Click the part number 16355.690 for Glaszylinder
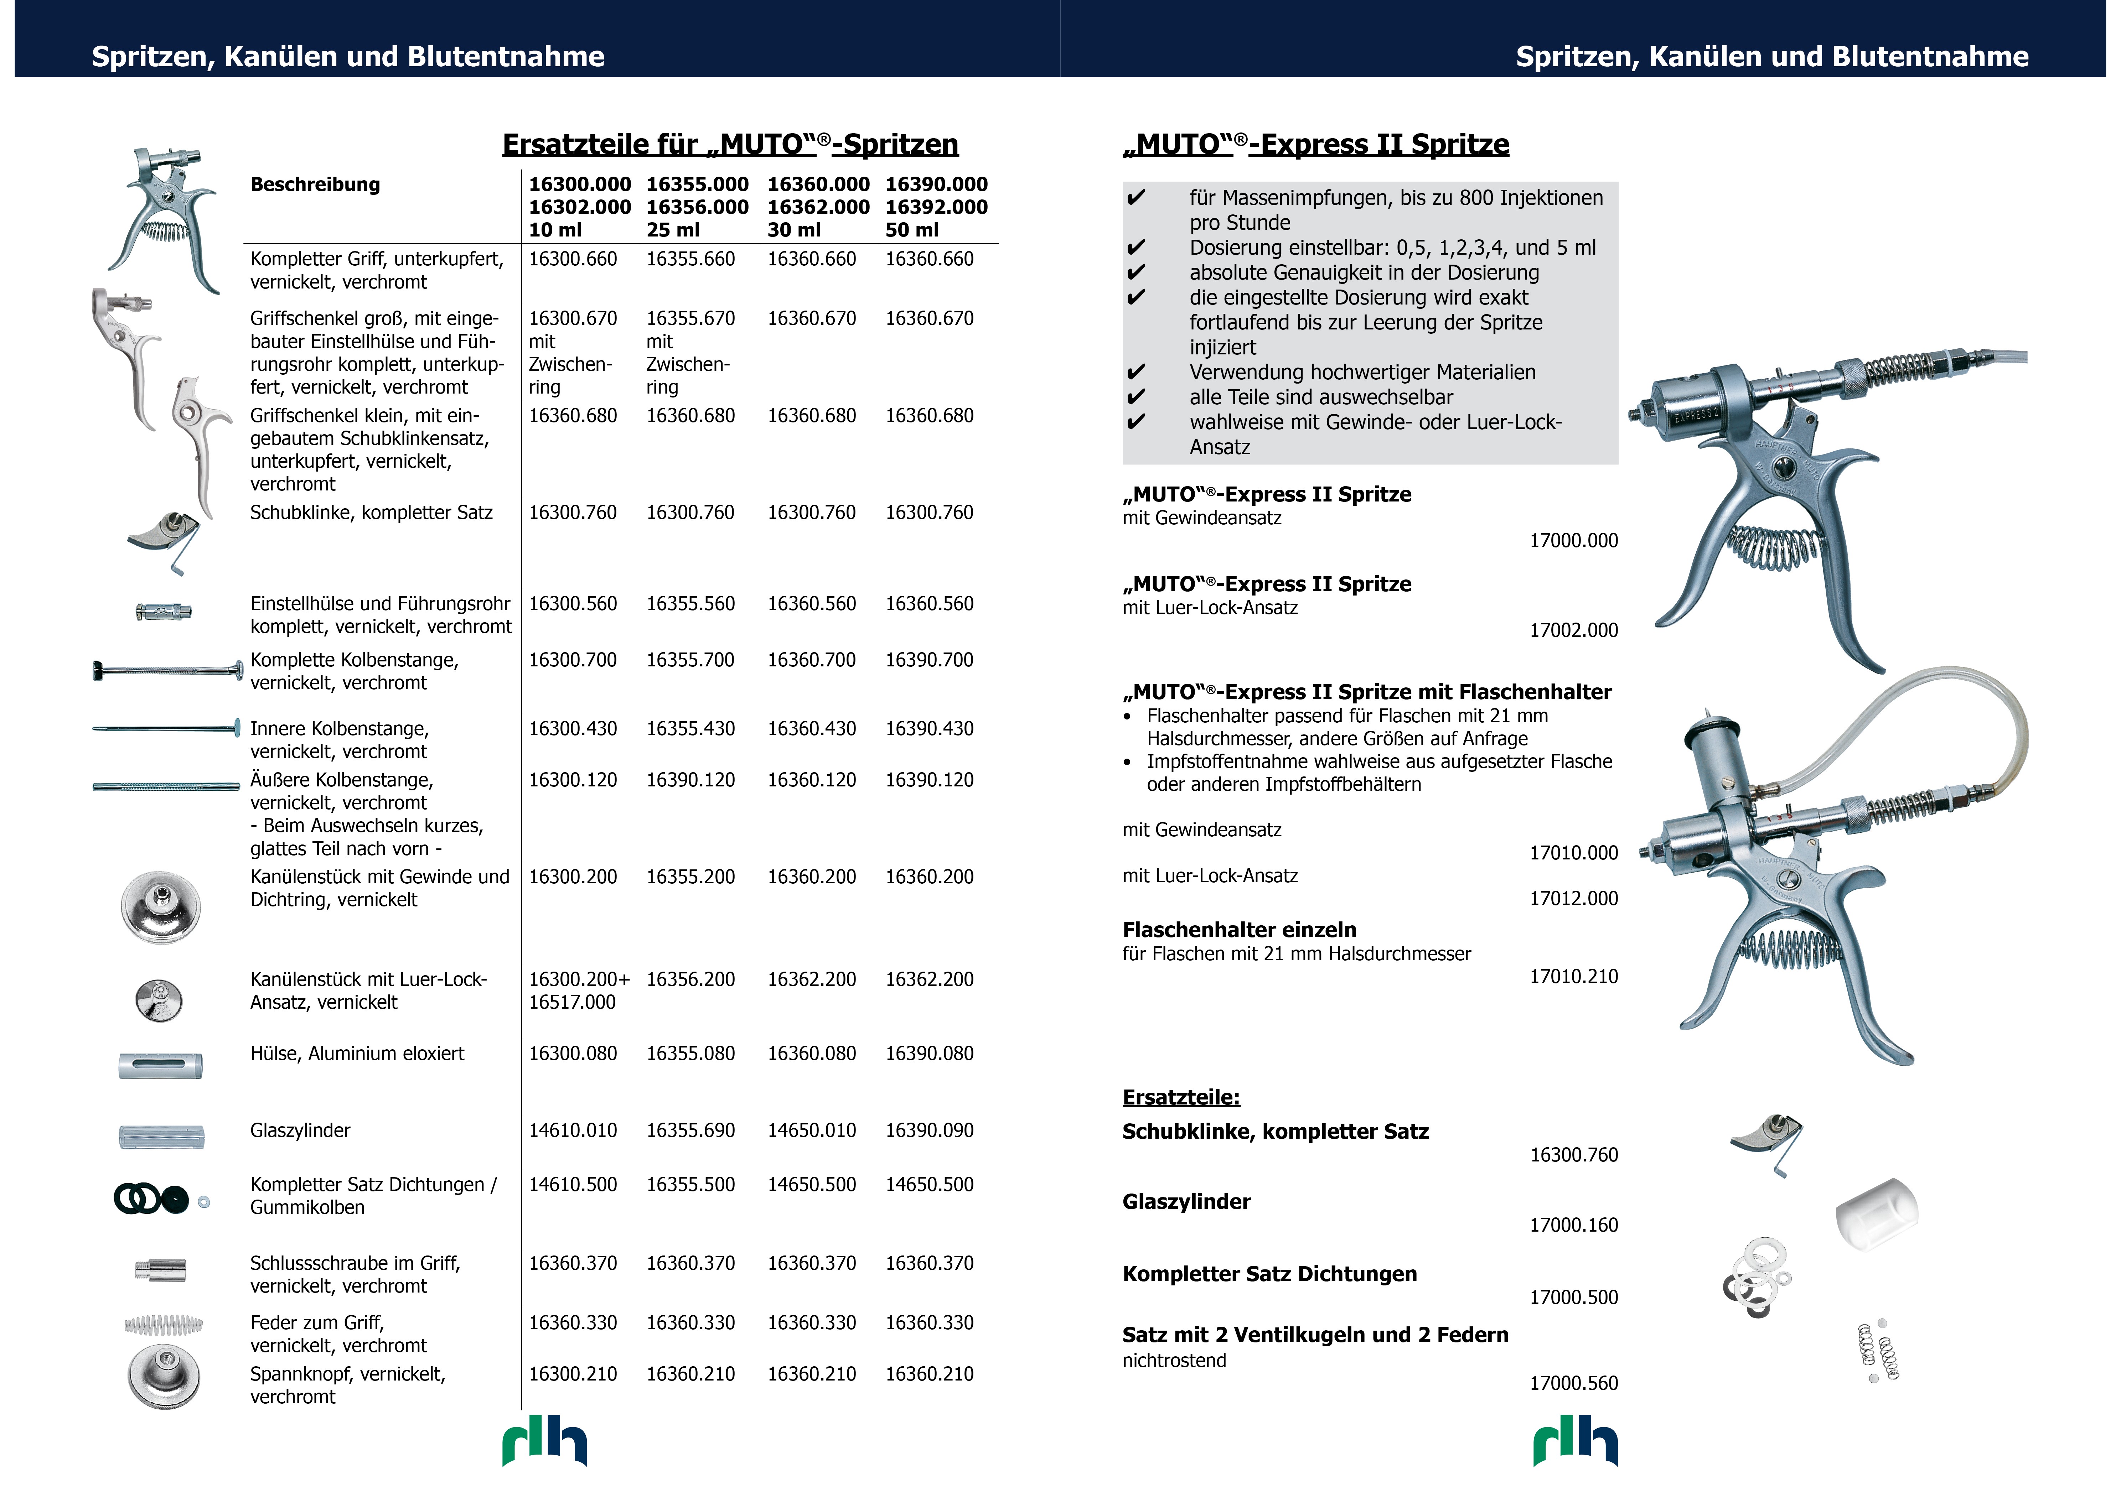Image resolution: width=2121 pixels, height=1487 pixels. click(x=690, y=1130)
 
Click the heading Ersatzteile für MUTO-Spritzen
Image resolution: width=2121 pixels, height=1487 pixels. click(x=730, y=145)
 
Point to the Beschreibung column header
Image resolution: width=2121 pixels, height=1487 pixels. click(x=315, y=185)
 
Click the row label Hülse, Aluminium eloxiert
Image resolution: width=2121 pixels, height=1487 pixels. click(x=357, y=1054)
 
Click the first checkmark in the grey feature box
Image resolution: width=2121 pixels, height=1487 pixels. click(x=1135, y=198)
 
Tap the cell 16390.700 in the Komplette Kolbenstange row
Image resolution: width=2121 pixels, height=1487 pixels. click(x=929, y=660)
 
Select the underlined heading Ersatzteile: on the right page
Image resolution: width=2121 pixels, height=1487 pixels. click(x=1181, y=1097)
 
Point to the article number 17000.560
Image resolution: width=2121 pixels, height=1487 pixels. click(x=1573, y=1384)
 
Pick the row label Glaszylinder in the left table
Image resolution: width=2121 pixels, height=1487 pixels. click(x=300, y=1130)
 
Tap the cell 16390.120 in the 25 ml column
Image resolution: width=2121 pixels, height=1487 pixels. click(x=690, y=780)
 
